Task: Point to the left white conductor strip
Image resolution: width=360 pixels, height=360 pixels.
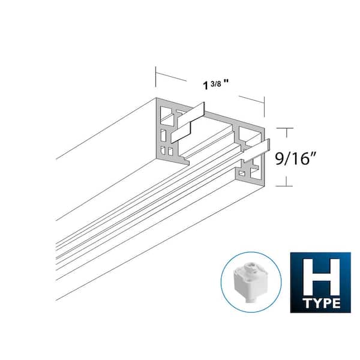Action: click(x=188, y=122)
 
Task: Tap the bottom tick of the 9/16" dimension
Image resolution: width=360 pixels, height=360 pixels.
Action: click(x=286, y=188)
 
